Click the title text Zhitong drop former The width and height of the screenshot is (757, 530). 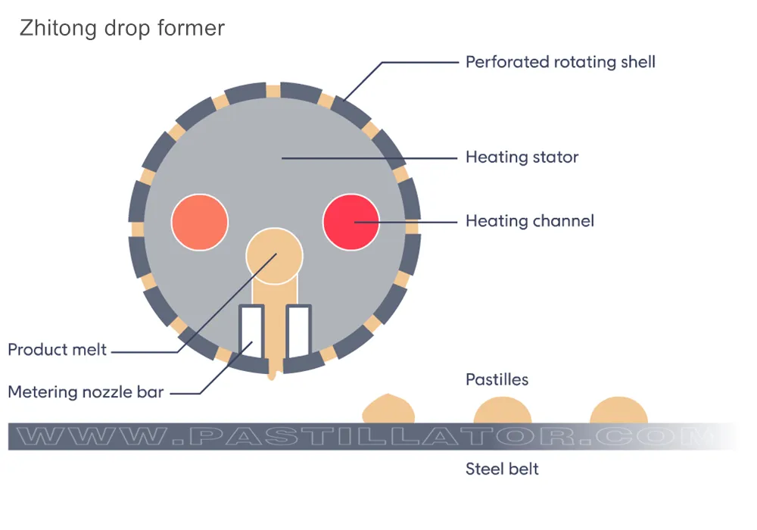(x=122, y=29)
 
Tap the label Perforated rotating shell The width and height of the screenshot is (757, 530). (x=560, y=62)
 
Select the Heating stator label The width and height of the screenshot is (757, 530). (x=522, y=157)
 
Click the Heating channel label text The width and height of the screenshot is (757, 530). (x=529, y=221)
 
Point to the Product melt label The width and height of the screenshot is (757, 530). (x=58, y=351)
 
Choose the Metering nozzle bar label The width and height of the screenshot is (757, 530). (x=86, y=392)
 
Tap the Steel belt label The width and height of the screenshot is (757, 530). (x=502, y=469)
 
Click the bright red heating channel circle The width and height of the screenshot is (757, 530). (x=350, y=221)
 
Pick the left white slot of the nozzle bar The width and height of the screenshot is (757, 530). (x=251, y=331)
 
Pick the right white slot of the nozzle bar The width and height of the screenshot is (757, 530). (x=298, y=331)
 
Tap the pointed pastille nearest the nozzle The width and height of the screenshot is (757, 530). (x=389, y=410)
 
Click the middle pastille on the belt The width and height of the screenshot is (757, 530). (x=502, y=410)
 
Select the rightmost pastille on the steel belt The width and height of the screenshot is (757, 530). (x=618, y=410)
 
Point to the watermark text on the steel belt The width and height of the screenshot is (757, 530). (x=363, y=437)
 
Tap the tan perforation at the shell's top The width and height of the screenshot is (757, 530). (x=273, y=90)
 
